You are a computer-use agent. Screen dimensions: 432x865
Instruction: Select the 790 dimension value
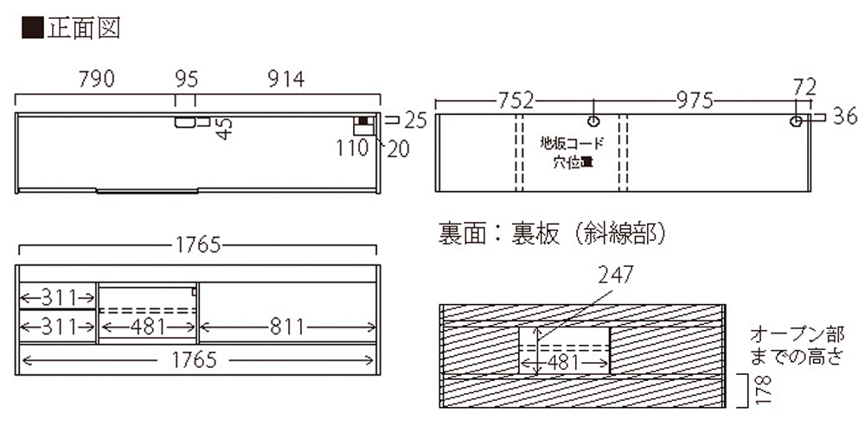pyautogui.click(x=97, y=79)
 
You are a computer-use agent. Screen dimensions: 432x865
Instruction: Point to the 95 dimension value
pyautogui.click(x=186, y=79)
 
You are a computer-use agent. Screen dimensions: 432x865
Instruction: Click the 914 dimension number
pyautogui.click(x=285, y=79)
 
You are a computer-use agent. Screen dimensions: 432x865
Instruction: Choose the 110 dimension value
pyautogui.click(x=352, y=149)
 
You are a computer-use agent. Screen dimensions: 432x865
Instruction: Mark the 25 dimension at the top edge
pyautogui.click(x=415, y=119)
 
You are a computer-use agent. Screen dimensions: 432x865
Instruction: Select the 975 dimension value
pyautogui.click(x=694, y=100)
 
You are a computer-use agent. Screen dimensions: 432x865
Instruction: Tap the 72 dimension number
pyautogui.click(x=804, y=86)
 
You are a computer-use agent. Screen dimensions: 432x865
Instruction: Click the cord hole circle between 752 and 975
pyautogui.click(x=593, y=121)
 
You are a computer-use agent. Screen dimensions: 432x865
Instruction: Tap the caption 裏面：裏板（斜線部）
pyautogui.click(x=550, y=232)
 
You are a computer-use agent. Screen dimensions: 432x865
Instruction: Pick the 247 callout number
pyautogui.click(x=615, y=275)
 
